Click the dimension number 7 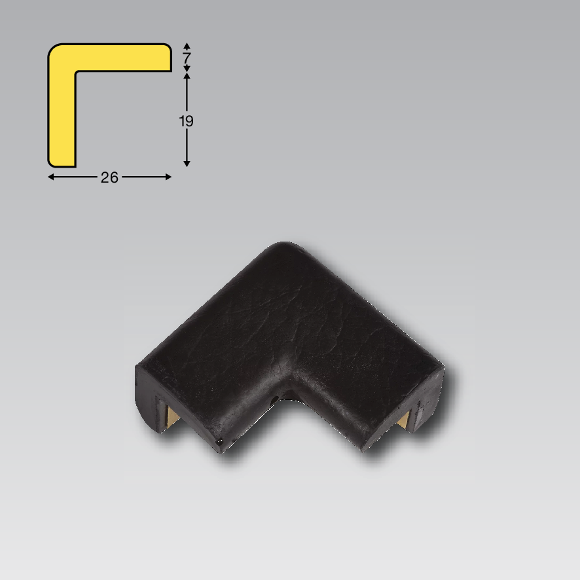(x=187, y=58)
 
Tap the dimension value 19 (x=186, y=121)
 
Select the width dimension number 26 (x=109, y=177)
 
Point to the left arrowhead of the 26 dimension (x=51, y=177)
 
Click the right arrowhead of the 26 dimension (x=168, y=177)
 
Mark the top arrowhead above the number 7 (x=187, y=46)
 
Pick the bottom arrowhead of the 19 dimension (x=187, y=164)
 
